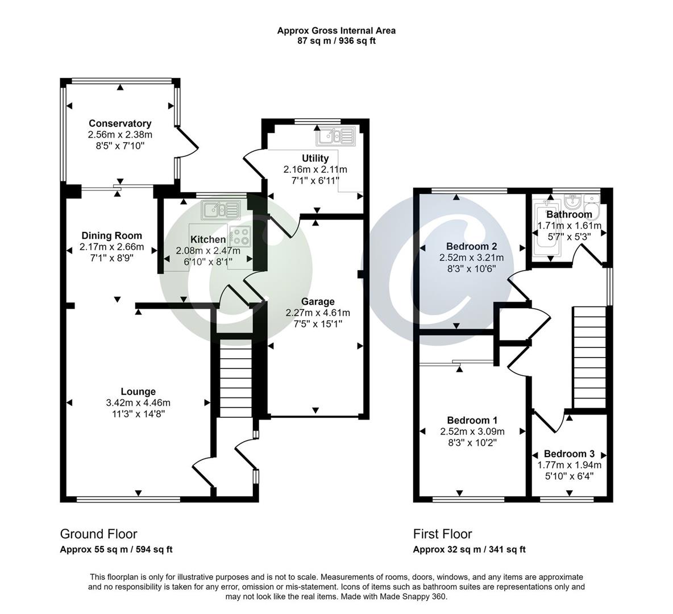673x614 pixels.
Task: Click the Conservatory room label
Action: [x=120, y=123]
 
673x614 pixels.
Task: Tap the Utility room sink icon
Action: [x=336, y=136]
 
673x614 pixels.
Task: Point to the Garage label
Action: [x=318, y=301]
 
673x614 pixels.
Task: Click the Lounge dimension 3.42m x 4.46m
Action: [x=138, y=403]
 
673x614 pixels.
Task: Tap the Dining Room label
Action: [x=111, y=235]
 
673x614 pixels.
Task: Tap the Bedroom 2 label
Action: [x=472, y=246]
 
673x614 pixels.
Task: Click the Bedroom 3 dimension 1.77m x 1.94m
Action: [x=569, y=465]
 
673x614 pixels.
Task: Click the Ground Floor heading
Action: [x=99, y=534]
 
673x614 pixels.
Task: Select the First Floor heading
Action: [x=442, y=534]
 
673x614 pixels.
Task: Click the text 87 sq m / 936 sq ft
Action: [x=336, y=41]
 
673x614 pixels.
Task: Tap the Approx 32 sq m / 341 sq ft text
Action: [x=469, y=549]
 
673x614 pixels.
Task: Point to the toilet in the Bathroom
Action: [x=591, y=202]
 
